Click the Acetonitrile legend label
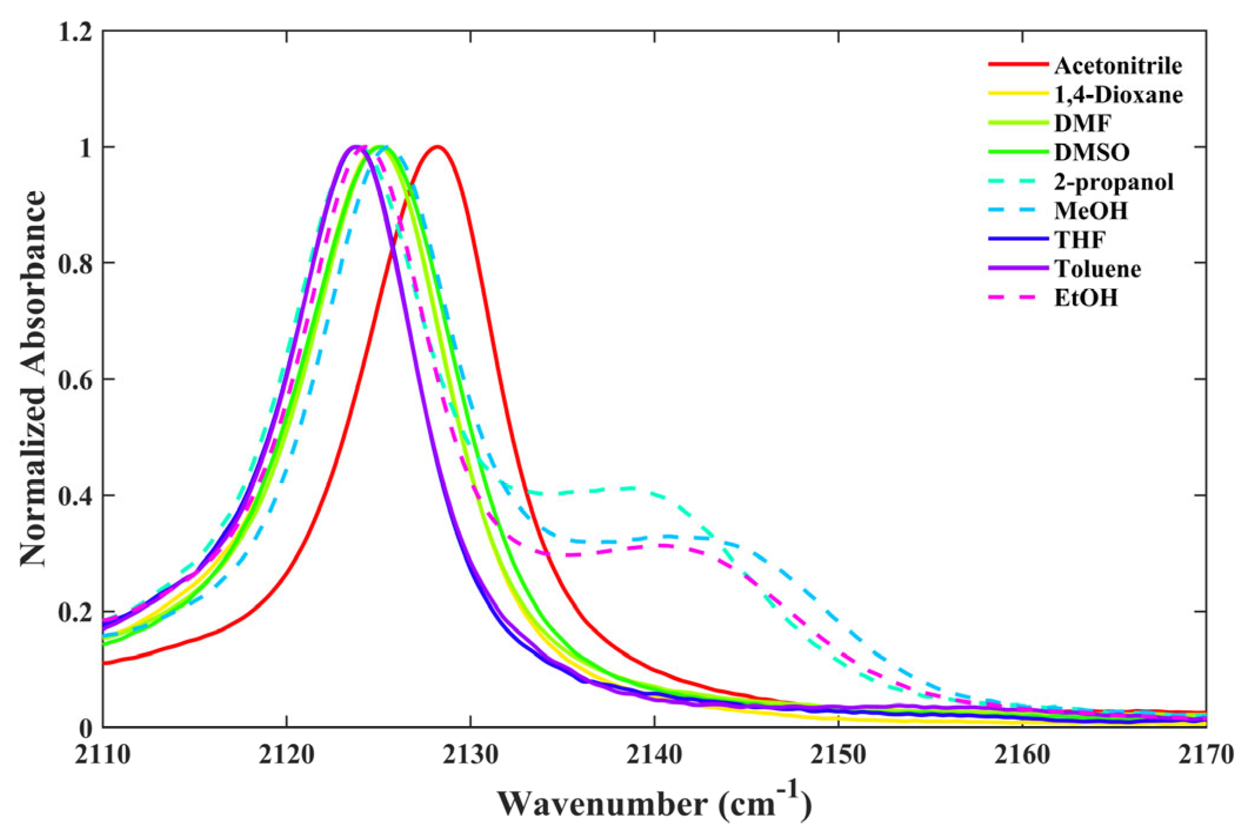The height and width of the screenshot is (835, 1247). (1118, 66)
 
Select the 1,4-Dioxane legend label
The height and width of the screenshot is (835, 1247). (1118, 95)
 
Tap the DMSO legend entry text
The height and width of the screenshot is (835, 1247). (1092, 152)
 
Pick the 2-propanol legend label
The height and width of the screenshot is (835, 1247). (1113, 182)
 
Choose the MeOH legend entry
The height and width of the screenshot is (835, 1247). (1091, 211)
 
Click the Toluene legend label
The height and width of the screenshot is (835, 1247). (1098, 269)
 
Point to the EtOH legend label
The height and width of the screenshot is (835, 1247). (1086, 298)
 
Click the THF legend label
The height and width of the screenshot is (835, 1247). (1080, 239)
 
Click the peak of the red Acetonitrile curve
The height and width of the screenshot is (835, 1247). (437, 147)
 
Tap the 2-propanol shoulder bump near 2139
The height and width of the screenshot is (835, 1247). (632, 488)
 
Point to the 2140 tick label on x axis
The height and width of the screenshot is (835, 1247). (654, 755)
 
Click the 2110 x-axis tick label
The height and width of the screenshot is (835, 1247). (103, 755)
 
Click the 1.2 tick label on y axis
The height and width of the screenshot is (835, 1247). (75, 32)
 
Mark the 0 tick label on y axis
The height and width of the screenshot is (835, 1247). (86, 728)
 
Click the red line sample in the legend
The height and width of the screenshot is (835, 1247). (1018, 64)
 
